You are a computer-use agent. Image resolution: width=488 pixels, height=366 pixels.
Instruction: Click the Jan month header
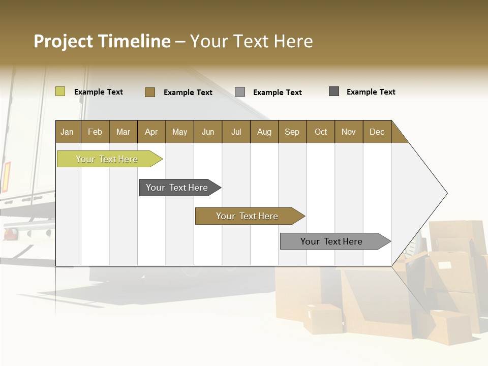pos(67,132)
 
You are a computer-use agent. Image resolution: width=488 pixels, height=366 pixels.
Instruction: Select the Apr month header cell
pos(151,132)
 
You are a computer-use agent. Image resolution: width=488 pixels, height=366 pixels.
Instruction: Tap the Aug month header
pos(264,132)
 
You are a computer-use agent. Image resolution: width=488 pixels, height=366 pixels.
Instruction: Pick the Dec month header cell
pos(377,132)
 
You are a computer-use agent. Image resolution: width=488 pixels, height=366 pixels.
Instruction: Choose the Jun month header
pos(207,132)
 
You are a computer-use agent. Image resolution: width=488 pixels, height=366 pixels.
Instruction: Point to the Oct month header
pos(320,132)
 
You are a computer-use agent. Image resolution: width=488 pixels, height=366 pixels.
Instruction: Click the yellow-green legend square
pos(60,91)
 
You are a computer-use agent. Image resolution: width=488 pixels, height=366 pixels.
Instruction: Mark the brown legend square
pos(149,92)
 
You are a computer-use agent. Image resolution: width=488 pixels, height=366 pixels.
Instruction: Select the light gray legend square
pos(239,92)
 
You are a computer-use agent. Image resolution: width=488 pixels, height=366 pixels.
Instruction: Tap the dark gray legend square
pos(333,91)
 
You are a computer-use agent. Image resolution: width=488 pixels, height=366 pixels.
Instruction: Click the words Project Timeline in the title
pos(102,41)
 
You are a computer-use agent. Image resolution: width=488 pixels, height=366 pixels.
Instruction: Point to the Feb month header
pos(95,132)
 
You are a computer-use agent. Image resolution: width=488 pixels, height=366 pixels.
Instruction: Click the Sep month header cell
pos(292,132)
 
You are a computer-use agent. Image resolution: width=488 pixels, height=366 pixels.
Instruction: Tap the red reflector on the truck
pos(8,174)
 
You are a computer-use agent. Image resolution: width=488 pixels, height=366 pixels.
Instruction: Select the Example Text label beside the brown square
pos(188,93)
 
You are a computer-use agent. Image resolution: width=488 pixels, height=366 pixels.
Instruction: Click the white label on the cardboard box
pos(445,265)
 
